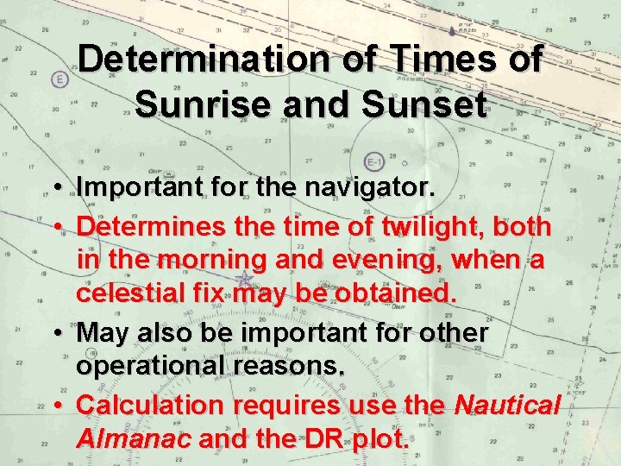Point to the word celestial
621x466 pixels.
pyautogui.click(x=133, y=293)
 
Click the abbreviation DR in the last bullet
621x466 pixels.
pyautogui.click(x=318, y=438)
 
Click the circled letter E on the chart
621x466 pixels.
pyautogui.click(x=60, y=80)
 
